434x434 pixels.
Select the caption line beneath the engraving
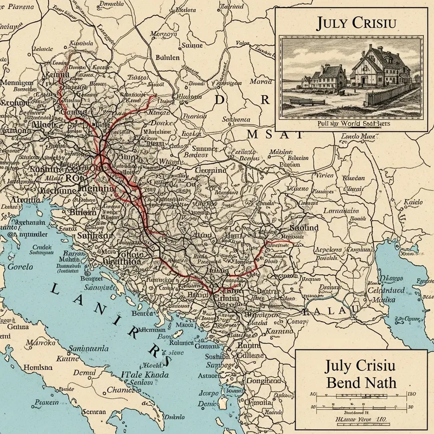349,124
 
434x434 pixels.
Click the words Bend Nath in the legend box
361,382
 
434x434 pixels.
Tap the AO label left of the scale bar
312,394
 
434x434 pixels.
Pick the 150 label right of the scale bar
411,394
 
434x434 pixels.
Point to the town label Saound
304,228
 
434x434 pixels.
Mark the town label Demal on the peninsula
84,373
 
